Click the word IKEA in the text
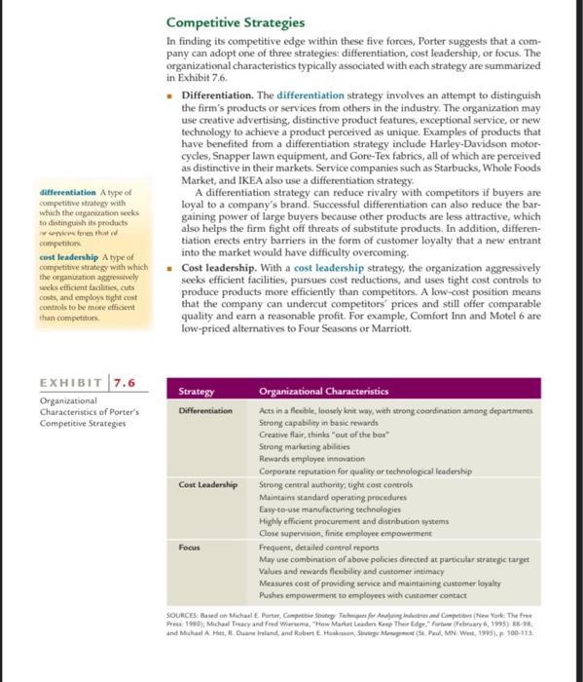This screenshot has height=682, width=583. tap(251, 197)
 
